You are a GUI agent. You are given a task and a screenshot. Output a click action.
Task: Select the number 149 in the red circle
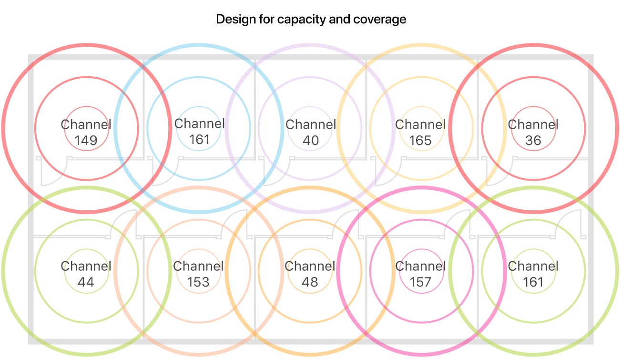tap(86, 141)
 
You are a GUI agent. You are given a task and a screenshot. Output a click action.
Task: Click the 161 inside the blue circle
tap(199, 140)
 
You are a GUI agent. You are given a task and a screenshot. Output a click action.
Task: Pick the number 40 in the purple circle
tap(310, 141)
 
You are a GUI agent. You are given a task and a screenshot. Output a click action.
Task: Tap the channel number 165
tap(420, 141)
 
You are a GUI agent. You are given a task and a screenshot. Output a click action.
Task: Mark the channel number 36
tap(533, 141)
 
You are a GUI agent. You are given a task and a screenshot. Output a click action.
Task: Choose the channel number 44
tap(86, 282)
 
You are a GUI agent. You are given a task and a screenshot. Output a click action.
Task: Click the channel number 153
tap(198, 282)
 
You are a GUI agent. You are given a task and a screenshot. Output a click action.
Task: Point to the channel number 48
tap(310, 282)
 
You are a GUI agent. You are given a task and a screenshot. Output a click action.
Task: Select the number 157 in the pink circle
tap(420, 282)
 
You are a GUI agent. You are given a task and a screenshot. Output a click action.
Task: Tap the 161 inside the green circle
tap(533, 282)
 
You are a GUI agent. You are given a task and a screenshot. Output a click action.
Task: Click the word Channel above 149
tap(86, 125)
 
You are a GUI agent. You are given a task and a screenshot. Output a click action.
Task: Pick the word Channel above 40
tap(310, 125)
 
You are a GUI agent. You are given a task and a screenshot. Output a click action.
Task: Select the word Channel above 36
tap(533, 125)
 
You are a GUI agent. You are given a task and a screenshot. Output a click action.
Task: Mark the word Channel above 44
tap(86, 267)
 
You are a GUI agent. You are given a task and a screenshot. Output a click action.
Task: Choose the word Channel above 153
tap(198, 267)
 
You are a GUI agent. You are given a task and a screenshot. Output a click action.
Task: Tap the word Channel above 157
tap(420, 267)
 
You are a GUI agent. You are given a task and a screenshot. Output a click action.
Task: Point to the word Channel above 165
tap(420, 125)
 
